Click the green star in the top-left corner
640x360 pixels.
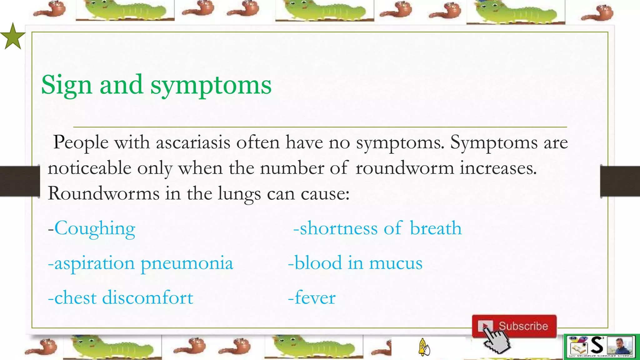pyautogui.click(x=12, y=37)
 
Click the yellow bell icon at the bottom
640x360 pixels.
pyautogui.click(x=423, y=347)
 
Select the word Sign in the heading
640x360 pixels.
pyautogui.click(x=66, y=85)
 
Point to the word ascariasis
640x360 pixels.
pyautogui.click(x=193, y=142)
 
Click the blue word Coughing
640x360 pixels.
pyautogui.click(x=95, y=228)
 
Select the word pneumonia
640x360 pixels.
pyautogui.click(x=187, y=263)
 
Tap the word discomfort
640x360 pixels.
pyautogui.click(x=147, y=297)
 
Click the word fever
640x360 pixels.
pyautogui.click(x=315, y=297)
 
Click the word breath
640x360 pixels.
pyautogui.click(x=436, y=228)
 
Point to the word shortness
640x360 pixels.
pyautogui.click(x=339, y=228)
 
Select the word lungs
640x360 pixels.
pyautogui.click(x=239, y=194)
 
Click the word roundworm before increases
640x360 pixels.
pyautogui.click(x=405, y=168)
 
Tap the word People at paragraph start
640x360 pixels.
pyautogui.click(x=81, y=142)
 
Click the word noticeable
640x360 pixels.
pyautogui.click(x=89, y=168)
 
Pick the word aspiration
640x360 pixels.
pyautogui.click(x=95, y=263)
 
